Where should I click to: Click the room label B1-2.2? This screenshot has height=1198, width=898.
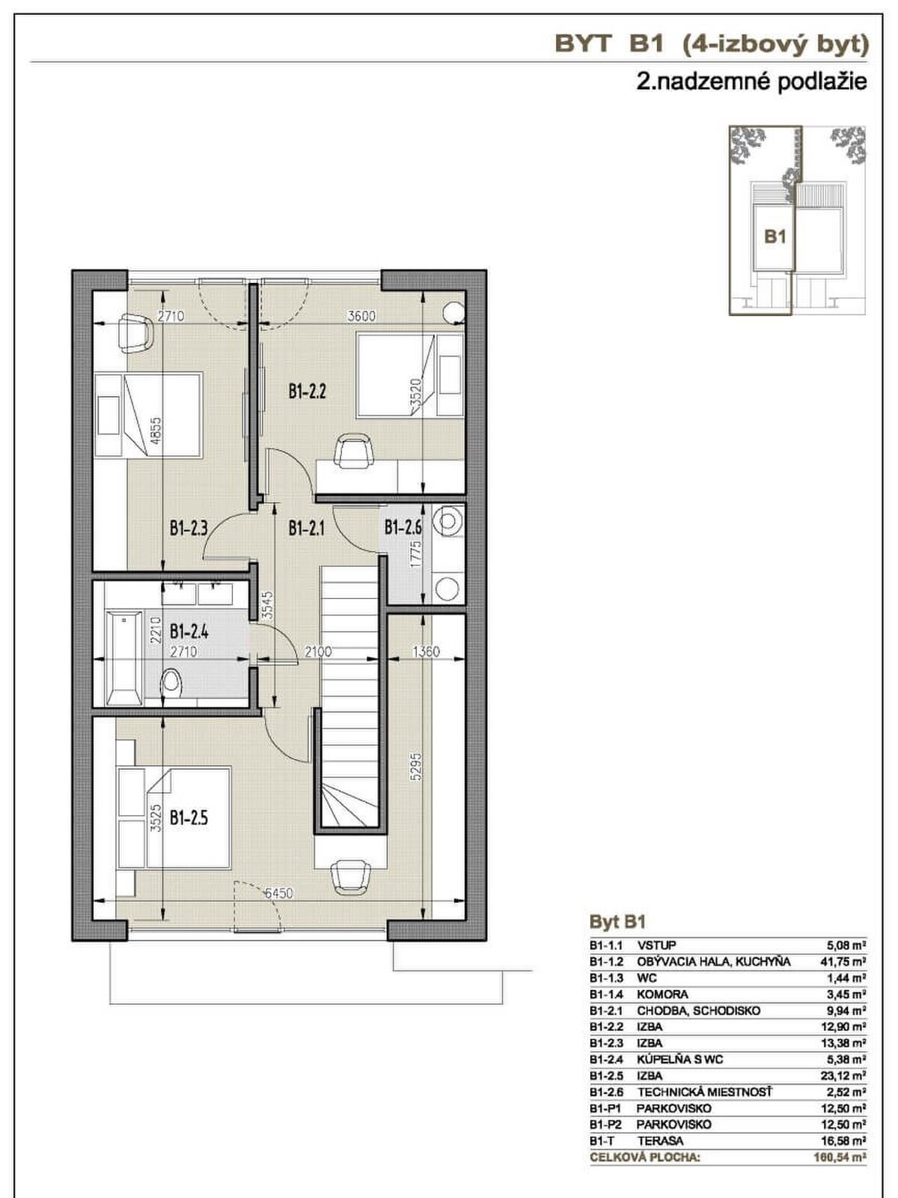point(308,392)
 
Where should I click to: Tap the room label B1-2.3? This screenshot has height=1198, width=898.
point(189,528)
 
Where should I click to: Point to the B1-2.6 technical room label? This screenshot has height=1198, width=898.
point(403,528)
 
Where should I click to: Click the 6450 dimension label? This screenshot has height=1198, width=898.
point(278,893)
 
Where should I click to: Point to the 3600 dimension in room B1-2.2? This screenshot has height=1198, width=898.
point(361,316)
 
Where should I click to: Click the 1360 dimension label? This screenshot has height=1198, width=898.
point(426,651)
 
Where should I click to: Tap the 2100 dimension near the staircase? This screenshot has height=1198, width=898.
point(318,651)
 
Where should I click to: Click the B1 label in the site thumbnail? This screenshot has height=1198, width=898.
point(775,237)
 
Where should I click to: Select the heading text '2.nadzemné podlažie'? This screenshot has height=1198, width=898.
point(751,82)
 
